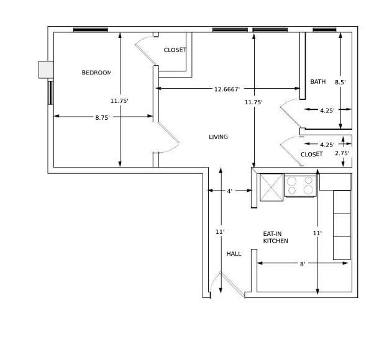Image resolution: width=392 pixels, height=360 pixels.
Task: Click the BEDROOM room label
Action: coord(96,73)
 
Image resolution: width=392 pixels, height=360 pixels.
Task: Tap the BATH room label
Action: coord(318,81)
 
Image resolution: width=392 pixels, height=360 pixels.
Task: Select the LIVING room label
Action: coord(218,137)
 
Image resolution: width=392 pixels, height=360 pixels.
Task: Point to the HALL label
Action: coord(234,254)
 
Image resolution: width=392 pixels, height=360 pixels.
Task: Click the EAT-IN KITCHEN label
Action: coord(275,237)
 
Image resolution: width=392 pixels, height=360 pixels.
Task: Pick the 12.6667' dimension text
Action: coord(227,89)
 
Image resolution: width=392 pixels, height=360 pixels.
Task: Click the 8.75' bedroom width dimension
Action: coord(103,117)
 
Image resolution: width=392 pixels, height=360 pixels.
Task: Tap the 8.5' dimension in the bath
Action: coord(340,82)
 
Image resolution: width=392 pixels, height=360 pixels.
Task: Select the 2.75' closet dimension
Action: coord(342,153)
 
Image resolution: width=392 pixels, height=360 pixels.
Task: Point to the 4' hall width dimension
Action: coord(229,191)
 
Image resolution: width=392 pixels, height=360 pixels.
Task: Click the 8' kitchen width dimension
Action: coord(303,264)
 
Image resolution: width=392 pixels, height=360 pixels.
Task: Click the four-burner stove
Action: coord(299,186)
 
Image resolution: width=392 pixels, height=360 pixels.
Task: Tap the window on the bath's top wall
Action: coord(324,29)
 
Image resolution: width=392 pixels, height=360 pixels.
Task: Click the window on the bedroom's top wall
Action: coord(91,29)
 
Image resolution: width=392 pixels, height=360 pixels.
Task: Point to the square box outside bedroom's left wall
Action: coord(46,70)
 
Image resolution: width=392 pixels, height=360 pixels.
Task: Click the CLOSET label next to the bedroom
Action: coord(175,50)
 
